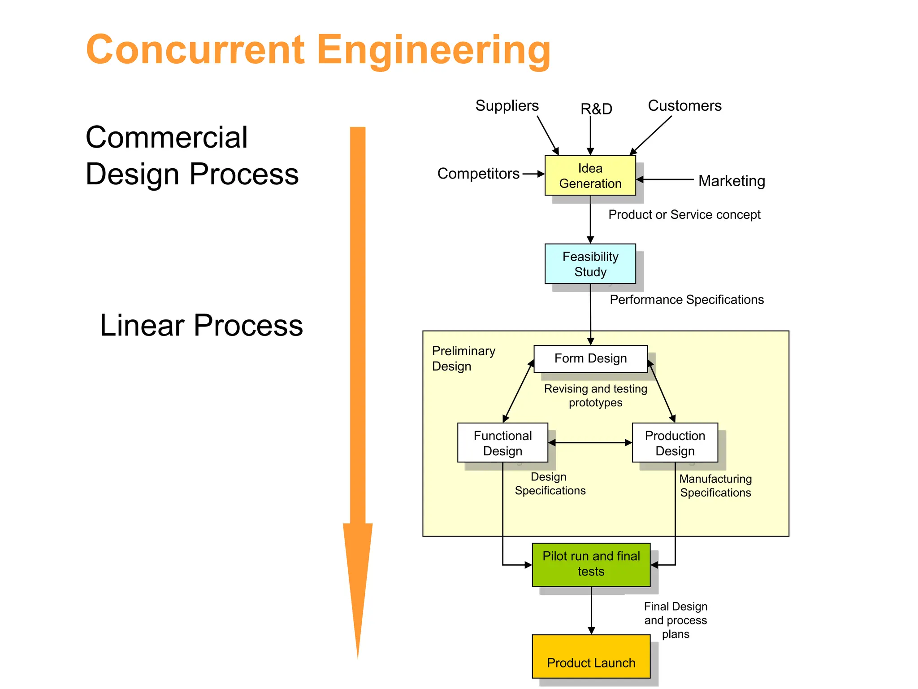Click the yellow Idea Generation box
(x=590, y=175)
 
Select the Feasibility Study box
(x=590, y=264)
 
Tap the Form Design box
(x=590, y=358)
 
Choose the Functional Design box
(x=502, y=443)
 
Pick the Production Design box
(x=675, y=443)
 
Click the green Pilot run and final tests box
(x=591, y=564)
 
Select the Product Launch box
(x=591, y=656)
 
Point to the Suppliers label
(x=507, y=106)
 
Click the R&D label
(x=596, y=109)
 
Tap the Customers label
(x=684, y=106)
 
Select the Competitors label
(x=478, y=174)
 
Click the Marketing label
(x=732, y=181)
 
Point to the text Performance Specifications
(x=686, y=300)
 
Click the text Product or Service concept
(x=684, y=215)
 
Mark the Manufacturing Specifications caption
(x=715, y=486)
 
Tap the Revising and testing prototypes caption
(x=595, y=395)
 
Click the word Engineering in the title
(x=433, y=50)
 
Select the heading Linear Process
(x=201, y=325)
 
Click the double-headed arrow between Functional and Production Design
(x=590, y=443)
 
